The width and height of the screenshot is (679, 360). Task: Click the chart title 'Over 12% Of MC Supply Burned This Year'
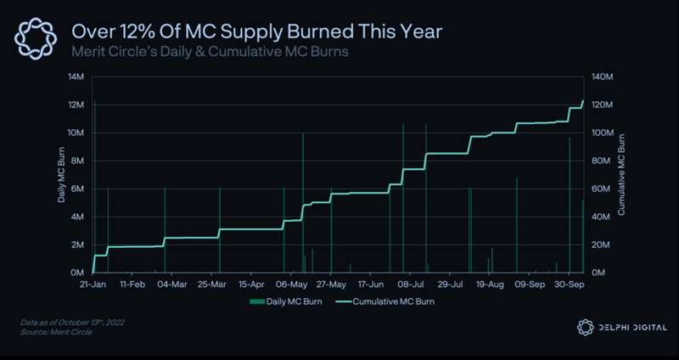[256, 32]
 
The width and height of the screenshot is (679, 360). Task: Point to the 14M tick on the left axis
[76, 77]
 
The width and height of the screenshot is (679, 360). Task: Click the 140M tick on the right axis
[603, 77]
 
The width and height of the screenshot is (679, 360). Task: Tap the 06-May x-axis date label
[292, 285]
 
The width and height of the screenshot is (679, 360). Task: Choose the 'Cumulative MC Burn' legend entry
[388, 301]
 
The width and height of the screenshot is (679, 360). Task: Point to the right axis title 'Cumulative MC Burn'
[622, 175]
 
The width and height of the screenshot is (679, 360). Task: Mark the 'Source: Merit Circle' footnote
[56, 332]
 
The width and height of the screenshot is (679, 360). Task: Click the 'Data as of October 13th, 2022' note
[78, 323]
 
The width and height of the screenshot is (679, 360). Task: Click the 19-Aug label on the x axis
[490, 285]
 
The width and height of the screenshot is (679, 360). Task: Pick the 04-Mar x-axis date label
[172, 285]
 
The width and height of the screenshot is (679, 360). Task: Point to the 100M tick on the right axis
[603, 133]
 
